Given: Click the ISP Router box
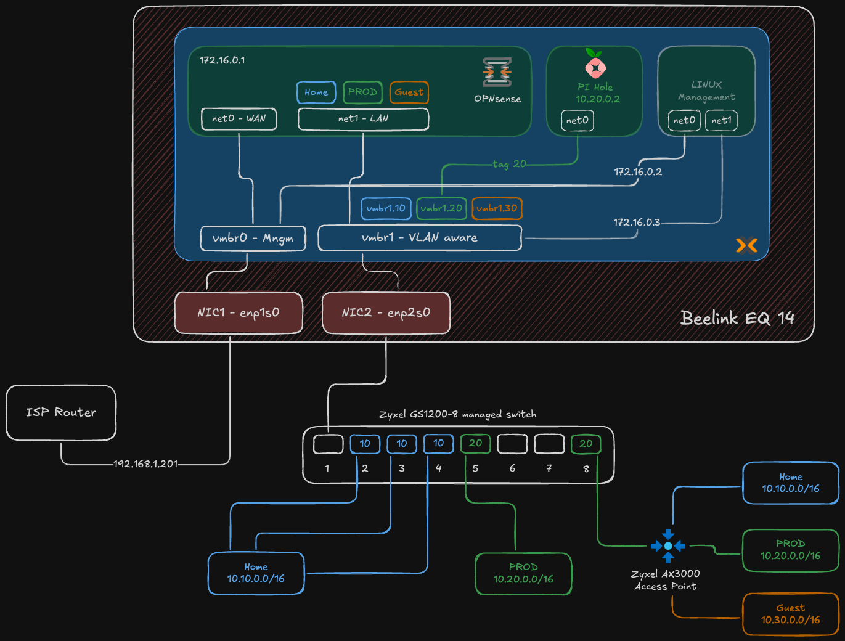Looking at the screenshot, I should [61, 412].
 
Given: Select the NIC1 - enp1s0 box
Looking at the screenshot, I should [239, 313].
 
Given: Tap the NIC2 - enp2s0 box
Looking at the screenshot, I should [386, 313].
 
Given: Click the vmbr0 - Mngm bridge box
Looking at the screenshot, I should [253, 239].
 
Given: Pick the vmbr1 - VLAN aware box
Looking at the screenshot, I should [419, 238].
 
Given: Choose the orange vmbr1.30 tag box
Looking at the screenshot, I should [497, 208].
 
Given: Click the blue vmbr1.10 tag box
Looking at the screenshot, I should [386, 208].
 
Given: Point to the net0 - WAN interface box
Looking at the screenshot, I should [239, 119].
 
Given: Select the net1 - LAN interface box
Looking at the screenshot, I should [363, 119].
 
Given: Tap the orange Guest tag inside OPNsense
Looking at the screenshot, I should [409, 92].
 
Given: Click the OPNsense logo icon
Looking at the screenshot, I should [497, 72].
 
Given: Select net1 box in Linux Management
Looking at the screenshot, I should [721, 121].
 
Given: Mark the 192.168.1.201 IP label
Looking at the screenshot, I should [145, 464].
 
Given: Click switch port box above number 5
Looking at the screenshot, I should [475, 444].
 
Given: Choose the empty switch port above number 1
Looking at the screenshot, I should [328, 444].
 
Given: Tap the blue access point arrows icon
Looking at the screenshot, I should [668, 545].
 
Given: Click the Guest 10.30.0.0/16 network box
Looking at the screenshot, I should [790, 614].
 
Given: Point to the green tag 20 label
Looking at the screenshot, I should [509, 164].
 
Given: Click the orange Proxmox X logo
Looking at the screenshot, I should [746, 245].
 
